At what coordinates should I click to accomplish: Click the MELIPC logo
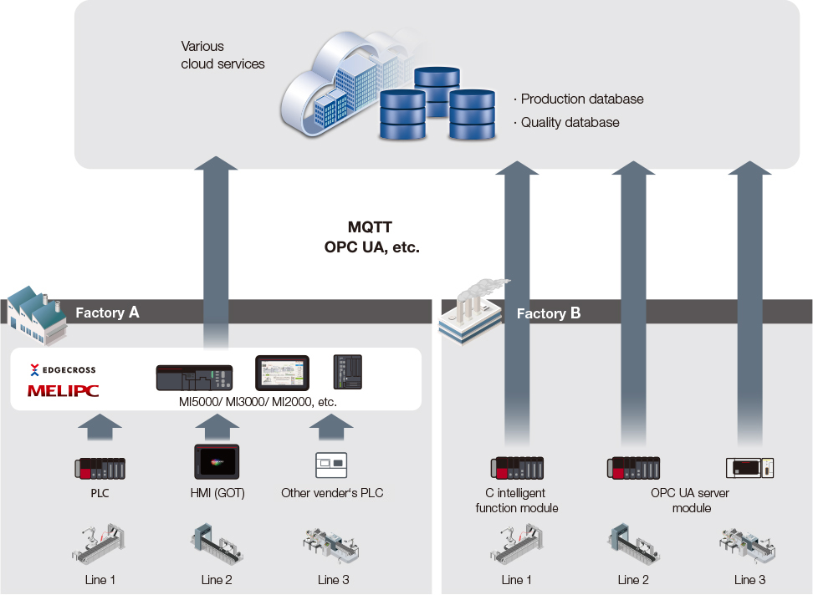[x=62, y=389]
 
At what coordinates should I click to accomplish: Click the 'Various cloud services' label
[x=222, y=55]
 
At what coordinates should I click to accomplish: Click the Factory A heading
[x=107, y=313]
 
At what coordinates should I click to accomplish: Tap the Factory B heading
[x=548, y=313]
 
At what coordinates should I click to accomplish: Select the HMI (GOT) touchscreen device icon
[x=217, y=461]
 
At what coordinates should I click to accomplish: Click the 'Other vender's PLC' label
[x=332, y=493]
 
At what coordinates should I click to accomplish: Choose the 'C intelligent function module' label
[x=516, y=501]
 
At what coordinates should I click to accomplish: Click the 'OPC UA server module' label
[x=690, y=501]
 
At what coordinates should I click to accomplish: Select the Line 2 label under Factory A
[x=217, y=580]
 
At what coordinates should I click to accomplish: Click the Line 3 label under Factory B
[x=749, y=580]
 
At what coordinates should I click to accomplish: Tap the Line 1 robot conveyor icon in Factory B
[x=516, y=543]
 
